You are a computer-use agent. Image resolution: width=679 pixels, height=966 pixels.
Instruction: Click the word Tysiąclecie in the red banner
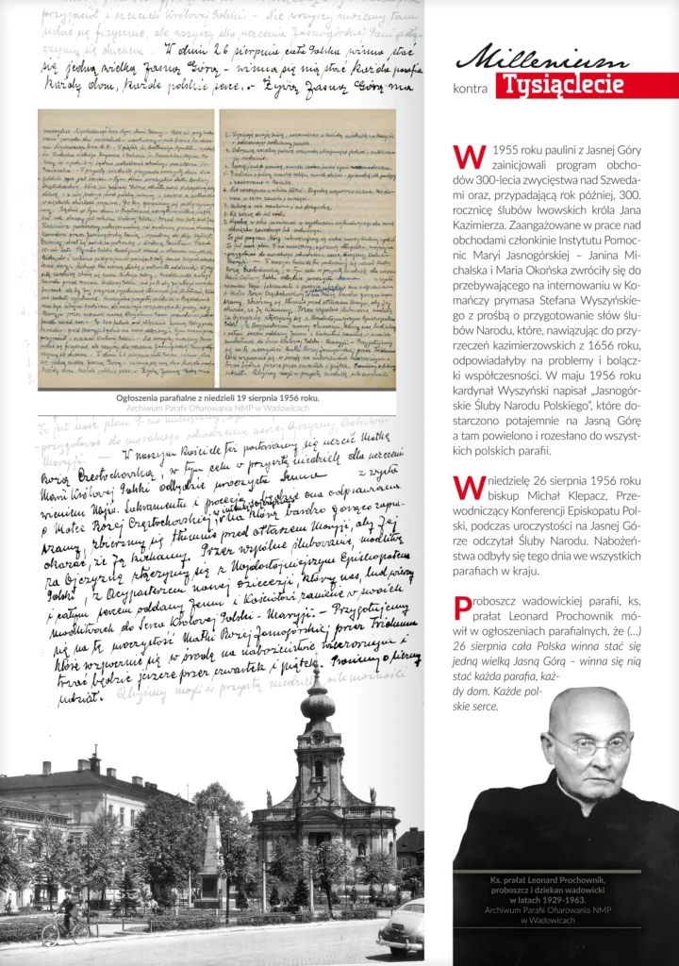(x=563, y=85)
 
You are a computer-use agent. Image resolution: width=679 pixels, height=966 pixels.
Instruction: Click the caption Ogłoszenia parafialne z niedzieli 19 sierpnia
(x=217, y=399)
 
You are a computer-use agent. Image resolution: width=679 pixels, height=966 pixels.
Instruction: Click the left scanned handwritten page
(x=125, y=247)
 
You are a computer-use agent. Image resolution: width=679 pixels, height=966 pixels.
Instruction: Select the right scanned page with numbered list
(x=307, y=247)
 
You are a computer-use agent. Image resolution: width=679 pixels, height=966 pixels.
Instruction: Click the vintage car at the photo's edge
(x=400, y=928)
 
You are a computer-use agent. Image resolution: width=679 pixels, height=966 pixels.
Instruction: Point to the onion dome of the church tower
(x=318, y=702)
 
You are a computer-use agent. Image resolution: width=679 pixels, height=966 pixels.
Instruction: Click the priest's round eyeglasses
(x=589, y=745)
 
